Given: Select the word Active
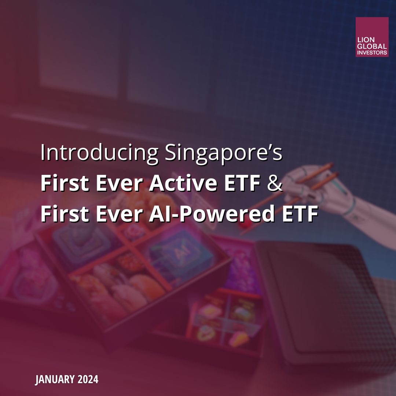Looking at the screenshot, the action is (x=183, y=183).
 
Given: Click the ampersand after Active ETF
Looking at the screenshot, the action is (x=275, y=183).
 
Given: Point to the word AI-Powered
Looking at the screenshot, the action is (x=212, y=214).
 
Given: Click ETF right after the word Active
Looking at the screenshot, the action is (x=242, y=183).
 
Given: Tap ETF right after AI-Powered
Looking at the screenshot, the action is (x=300, y=214).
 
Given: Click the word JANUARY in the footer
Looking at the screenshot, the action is (x=55, y=379).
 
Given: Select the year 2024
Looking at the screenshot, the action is (x=88, y=379).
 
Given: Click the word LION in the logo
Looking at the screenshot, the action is (x=366, y=40).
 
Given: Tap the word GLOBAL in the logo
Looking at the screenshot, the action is (x=372, y=46).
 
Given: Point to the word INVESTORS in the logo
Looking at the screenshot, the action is (x=372, y=52).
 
